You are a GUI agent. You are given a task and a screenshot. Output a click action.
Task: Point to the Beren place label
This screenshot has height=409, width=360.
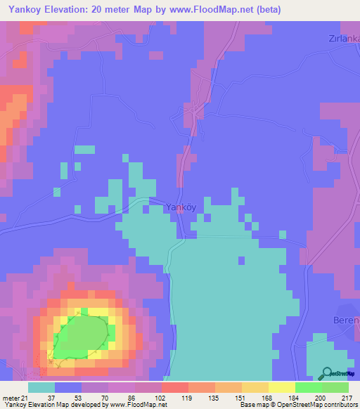click(x=345, y=320)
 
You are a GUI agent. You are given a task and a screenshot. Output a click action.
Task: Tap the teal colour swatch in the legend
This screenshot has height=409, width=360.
click(x=41, y=387)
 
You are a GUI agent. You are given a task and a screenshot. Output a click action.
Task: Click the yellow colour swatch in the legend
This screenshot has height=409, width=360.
click(x=281, y=387)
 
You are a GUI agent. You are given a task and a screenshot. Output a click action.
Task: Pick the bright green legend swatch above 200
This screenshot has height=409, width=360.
click(x=308, y=387)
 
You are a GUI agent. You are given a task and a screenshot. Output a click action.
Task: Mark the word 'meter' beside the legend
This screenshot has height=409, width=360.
click(x=11, y=397)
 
